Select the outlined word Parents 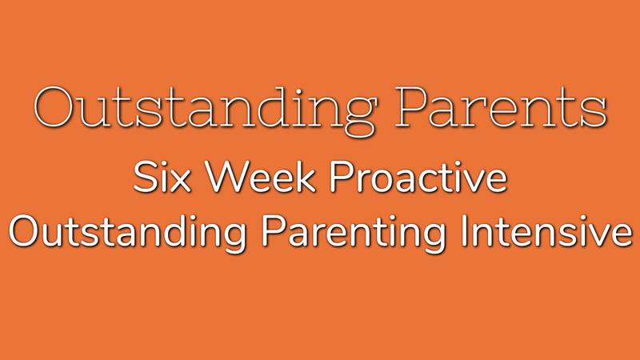tap(501, 107)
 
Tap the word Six tap(162, 177)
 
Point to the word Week tap(260, 177)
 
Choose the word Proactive tap(418, 177)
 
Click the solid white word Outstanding tap(128, 234)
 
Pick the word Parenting tap(354, 234)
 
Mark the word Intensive tap(546, 230)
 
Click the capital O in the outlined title tap(54, 107)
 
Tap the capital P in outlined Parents tap(411, 107)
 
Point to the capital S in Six tap(145, 177)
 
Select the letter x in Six tap(180, 182)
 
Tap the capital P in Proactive tap(341, 177)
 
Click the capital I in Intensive tap(464, 230)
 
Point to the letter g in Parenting tap(435, 238)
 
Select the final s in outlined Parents tap(598, 112)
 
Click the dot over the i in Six tap(162, 164)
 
